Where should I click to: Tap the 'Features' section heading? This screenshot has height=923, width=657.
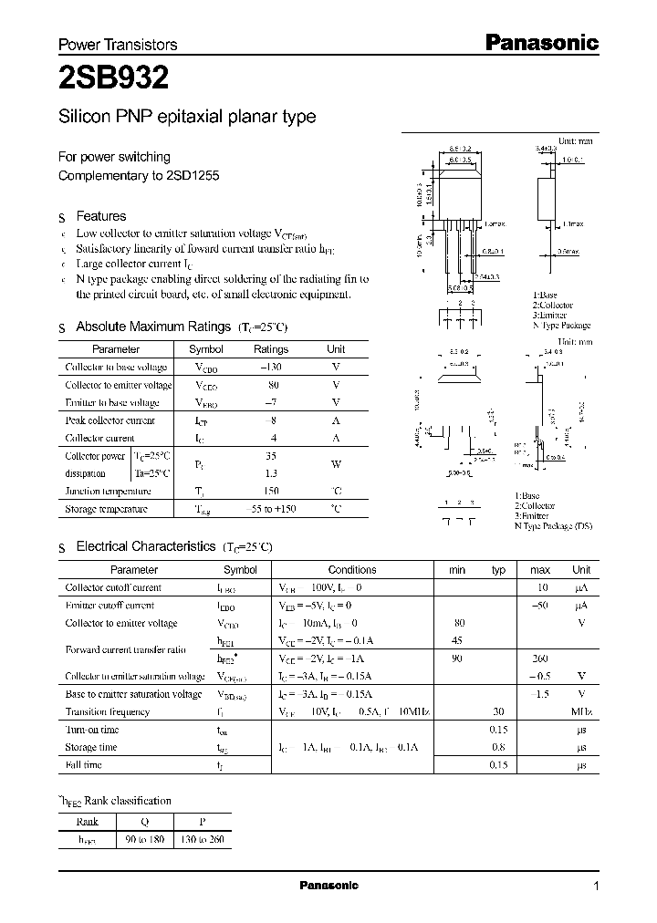click(x=100, y=216)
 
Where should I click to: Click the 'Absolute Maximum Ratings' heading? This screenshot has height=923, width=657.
click(x=153, y=327)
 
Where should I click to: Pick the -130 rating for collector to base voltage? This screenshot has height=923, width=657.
click(x=270, y=367)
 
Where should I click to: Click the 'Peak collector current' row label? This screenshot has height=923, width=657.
click(x=109, y=420)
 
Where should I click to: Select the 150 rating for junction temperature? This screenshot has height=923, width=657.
click(x=270, y=491)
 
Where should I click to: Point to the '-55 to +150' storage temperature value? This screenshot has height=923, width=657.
click(x=270, y=509)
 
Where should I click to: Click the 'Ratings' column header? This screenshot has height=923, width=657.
click(x=270, y=349)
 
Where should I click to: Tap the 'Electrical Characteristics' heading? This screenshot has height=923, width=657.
click(x=145, y=546)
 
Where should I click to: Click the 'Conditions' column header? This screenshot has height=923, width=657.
click(x=352, y=570)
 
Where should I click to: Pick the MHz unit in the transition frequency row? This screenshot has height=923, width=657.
click(x=580, y=711)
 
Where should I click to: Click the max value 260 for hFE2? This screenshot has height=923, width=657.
click(x=540, y=659)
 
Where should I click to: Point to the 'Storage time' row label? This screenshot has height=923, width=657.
click(x=91, y=747)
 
